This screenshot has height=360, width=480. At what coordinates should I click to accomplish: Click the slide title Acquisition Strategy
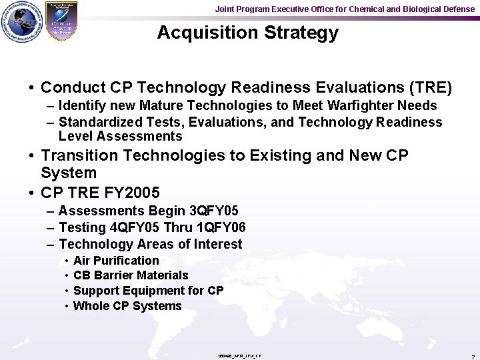[x=247, y=33]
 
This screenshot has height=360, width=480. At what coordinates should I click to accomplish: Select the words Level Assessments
[x=120, y=136]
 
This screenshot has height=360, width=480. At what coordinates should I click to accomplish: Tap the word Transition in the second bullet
[x=78, y=155]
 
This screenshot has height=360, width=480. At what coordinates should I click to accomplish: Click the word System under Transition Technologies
[x=69, y=173]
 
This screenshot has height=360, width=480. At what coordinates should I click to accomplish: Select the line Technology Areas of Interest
[x=150, y=244]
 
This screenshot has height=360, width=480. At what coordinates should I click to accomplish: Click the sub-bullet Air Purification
[x=116, y=260]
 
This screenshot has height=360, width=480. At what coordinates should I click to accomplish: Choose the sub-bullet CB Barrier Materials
[x=131, y=275]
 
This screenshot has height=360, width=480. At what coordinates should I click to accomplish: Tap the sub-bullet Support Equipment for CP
[x=148, y=291]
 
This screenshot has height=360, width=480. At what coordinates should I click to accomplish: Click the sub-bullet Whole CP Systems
[x=127, y=306]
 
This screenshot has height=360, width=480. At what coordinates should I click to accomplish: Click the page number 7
[x=472, y=356]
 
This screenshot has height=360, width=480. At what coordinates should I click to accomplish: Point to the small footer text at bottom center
[x=239, y=355]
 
